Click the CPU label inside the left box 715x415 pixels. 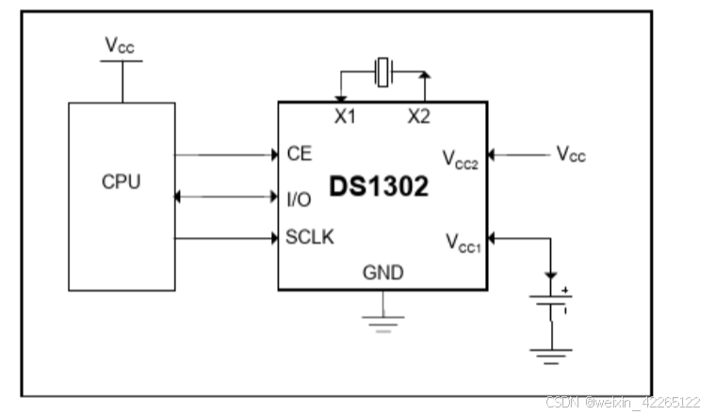[121, 182]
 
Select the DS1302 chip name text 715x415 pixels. [379, 186]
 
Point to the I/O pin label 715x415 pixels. [299, 199]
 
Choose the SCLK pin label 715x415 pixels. [309, 237]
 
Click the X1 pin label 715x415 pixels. [345, 117]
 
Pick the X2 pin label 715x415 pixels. [420, 117]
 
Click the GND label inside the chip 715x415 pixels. [382, 274]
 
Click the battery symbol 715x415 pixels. [551, 307]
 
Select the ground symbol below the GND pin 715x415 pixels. [382, 320]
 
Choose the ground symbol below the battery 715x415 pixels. [551, 356]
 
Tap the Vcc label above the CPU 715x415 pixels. [121, 45]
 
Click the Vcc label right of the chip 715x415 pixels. [570, 153]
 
